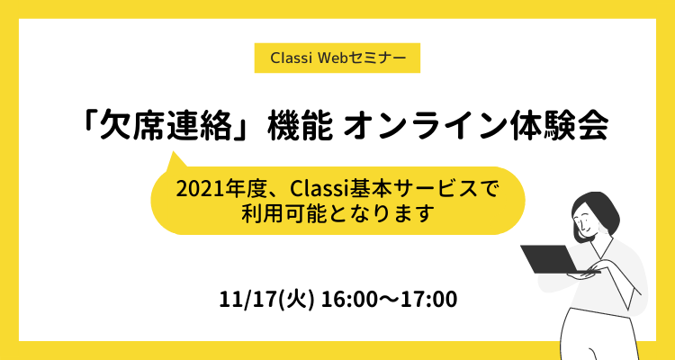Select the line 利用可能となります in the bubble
pos(337,214)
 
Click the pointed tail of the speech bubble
pos(173,152)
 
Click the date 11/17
pos(248,300)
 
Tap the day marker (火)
pos(297,300)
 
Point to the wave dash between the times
pos(389,300)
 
